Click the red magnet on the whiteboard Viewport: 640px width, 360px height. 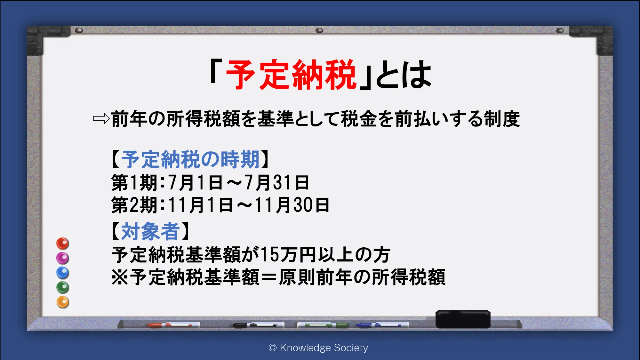[x=63, y=244]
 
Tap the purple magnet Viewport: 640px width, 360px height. [x=63, y=258]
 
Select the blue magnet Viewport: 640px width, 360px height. [x=63, y=273]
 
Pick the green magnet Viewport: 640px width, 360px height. [x=63, y=287]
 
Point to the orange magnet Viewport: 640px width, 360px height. [x=63, y=302]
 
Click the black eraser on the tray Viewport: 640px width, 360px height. [x=463, y=319]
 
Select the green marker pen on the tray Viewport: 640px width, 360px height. [x=323, y=325]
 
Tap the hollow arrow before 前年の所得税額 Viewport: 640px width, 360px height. [x=101, y=119]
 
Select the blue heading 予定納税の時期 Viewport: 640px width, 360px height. [x=190, y=159]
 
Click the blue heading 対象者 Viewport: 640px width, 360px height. [x=150, y=231]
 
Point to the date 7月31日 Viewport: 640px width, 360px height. [x=277, y=182]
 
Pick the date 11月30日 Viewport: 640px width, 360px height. [x=292, y=205]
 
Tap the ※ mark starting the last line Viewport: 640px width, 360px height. [x=120, y=277]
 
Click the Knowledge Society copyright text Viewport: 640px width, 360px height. [x=318, y=348]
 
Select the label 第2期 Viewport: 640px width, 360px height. [x=134, y=205]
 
